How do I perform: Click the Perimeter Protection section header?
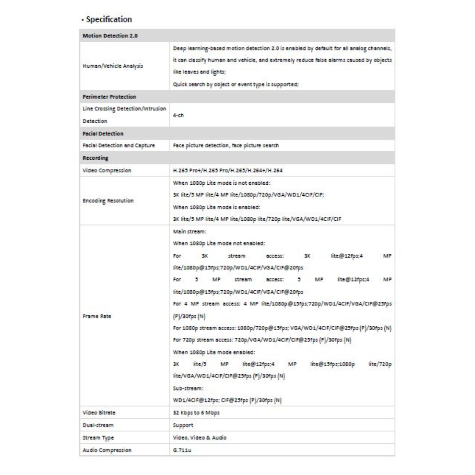coord(110,96)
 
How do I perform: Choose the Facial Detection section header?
coord(103,133)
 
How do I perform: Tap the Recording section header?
coord(96,157)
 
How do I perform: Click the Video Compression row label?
coord(107,170)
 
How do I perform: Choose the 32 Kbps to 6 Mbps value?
coord(196,413)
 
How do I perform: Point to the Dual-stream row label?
coord(98,425)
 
